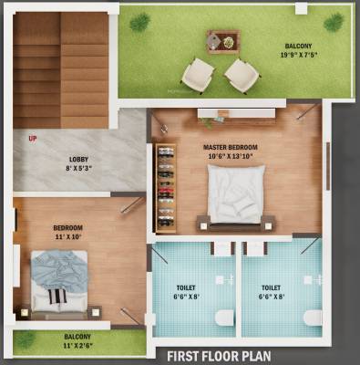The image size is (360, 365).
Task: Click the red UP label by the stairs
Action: [33, 139]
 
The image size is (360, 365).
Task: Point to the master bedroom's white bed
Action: [236, 193]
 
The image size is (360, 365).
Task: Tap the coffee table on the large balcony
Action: [221, 40]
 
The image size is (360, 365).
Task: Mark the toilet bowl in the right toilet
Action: [313, 318]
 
